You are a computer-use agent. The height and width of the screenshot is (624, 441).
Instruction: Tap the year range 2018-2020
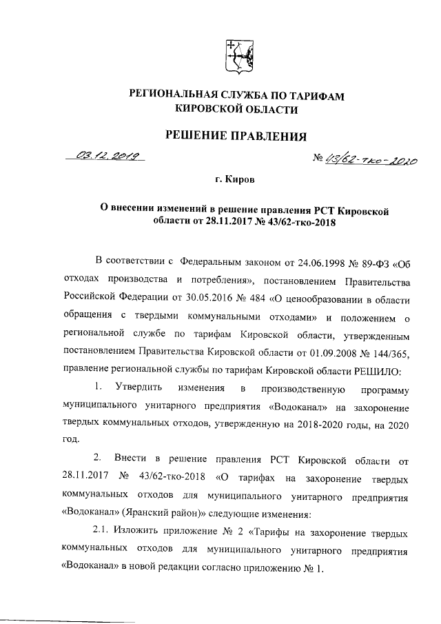click(x=311, y=421)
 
